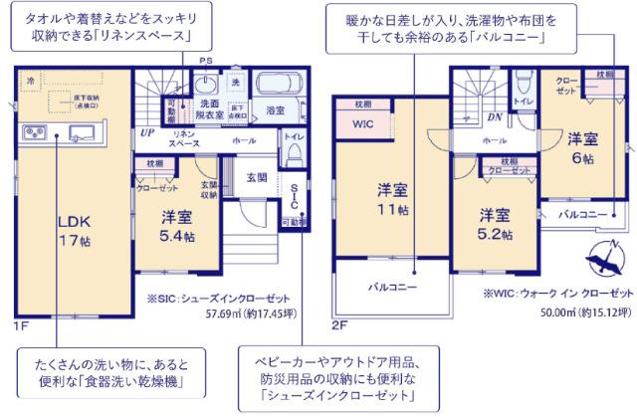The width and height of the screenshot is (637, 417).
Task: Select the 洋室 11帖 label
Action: point(391,199)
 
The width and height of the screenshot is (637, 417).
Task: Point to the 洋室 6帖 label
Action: point(582,147)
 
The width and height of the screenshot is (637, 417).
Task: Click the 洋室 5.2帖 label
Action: point(495,225)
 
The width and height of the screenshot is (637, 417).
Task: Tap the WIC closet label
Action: point(362,125)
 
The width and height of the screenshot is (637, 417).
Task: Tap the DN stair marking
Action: point(495,116)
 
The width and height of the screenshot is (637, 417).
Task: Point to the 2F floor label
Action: point(339,324)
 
